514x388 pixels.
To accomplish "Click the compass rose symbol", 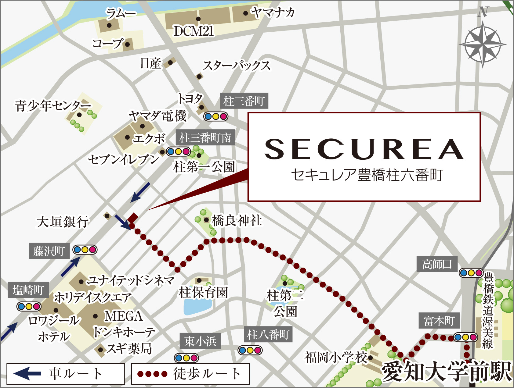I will (x=483, y=44).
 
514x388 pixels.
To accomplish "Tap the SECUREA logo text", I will (x=364, y=149).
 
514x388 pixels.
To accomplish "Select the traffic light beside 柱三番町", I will (x=216, y=116).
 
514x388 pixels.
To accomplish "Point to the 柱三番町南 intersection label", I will (x=205, y=138).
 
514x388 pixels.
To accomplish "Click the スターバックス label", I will (x=237, y=66).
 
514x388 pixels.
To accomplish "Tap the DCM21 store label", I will (x=194, y=31).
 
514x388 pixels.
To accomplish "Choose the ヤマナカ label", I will (x=273, y=13).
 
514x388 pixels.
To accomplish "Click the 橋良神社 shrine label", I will (x=237, y=221).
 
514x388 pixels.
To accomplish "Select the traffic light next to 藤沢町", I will (x=85, y=250).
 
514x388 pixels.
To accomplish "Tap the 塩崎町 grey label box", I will (x=28, y=290).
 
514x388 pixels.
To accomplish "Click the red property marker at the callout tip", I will (x=133, y=218).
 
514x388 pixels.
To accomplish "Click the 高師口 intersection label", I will (x=437, y=264).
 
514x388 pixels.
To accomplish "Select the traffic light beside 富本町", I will (x=465, y=337).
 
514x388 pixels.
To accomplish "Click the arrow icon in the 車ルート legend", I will (x=27, y=373).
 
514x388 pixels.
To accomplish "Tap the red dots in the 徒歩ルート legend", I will (x=152, y=374).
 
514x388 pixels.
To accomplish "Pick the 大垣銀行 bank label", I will (x=63, y=222).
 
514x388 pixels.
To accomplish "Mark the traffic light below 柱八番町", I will (x=250, y=350).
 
